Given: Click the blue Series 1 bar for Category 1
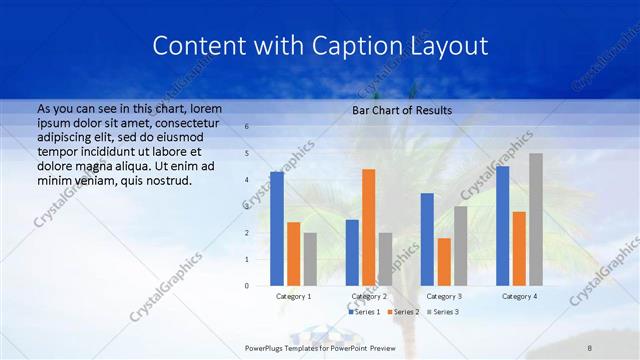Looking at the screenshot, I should [277, 229].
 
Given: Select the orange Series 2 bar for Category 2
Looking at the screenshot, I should [369, 228].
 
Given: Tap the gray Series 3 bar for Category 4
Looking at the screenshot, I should [536, 220].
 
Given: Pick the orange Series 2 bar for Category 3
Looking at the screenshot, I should [444, 262].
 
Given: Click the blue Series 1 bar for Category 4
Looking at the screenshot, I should [502, 226].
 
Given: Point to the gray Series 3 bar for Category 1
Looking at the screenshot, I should [310, 259].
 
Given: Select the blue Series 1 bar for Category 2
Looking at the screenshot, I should [352, 253].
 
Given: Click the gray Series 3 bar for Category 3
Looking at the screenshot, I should [460, 246].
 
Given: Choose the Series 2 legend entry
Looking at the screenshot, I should [403, 312].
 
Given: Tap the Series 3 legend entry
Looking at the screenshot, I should [443, 312].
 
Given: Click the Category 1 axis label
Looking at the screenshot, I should [294, 296].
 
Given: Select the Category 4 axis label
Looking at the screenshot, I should [519, 296].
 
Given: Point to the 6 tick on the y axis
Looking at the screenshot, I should [247, 127].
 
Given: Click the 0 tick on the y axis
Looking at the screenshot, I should [247, 286].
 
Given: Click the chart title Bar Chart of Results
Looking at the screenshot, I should [402, 110].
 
